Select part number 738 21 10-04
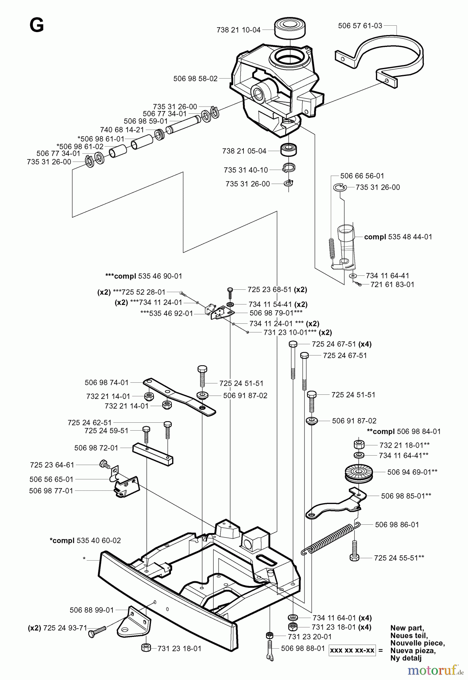pos(239,30)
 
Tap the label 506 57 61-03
pos(360,26)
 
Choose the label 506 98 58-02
pos(196,79)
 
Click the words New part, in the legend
pos(407,628)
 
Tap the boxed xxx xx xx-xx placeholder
pos(352,650)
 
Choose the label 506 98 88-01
pos(303,648)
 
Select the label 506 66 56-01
pos(362,176)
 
